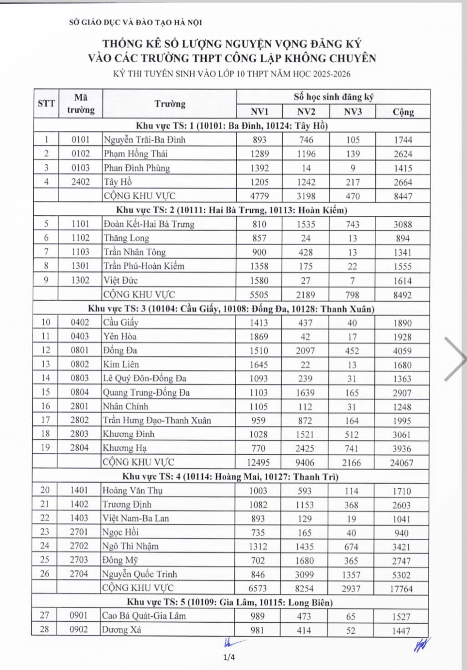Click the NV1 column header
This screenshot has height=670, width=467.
[x=259, y=112]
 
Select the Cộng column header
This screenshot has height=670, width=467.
[x=403, y=112]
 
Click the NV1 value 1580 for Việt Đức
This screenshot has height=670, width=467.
[x=259, y=281]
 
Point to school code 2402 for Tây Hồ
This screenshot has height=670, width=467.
[x=81, y=182]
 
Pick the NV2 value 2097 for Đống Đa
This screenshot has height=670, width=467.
[x=305, y=351]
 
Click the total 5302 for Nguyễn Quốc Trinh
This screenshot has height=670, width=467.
[x=401, y=575]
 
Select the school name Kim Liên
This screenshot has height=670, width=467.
[x=121, y=364]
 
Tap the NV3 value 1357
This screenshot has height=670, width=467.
[x=351, y=575]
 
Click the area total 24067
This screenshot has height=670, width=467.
[x=402, y=463]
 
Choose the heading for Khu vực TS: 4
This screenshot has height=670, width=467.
[x=230, y=477]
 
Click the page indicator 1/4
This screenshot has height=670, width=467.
[x=229, y=657]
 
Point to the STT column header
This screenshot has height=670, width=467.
[x=46, y=104]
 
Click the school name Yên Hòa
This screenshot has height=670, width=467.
[x=119, y=337]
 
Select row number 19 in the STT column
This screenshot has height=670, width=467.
[x=45, y=448]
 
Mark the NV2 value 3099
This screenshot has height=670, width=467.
[x=305, y=575]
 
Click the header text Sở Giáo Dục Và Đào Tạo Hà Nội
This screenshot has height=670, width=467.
[x=135, y=22]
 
